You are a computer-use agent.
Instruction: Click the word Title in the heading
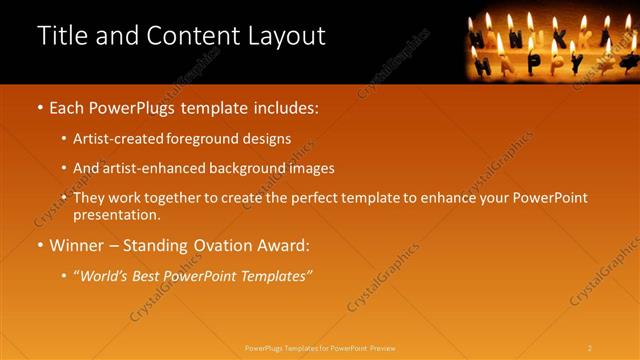click(x=59, y=36)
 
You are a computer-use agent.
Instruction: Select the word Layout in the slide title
click(x=287, y=36)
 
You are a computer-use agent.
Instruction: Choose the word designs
click(x=264, y=138)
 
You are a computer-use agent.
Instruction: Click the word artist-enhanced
click(x=147, y=168)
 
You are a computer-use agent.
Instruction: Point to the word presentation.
click(x=116, y=214)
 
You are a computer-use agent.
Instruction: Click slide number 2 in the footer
click(x=589, y=347)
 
